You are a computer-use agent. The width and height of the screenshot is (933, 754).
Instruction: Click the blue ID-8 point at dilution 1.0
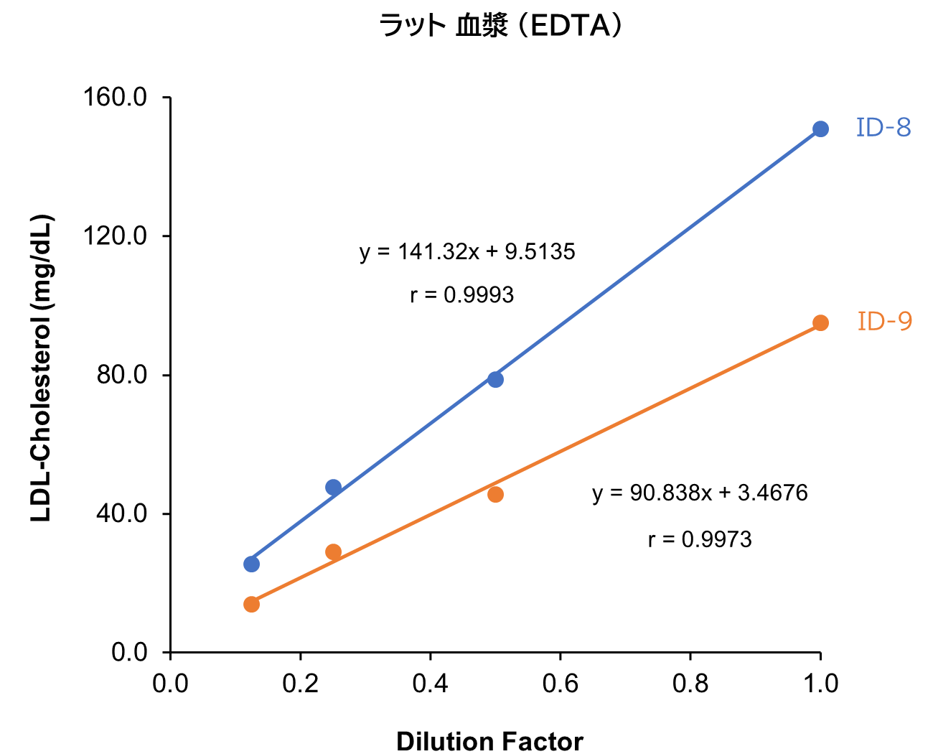820,129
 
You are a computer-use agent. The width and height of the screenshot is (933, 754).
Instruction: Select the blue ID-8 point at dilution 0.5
495,379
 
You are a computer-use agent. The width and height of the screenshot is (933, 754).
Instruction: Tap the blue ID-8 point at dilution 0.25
333,488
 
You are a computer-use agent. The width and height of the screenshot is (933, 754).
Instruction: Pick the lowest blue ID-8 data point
251,564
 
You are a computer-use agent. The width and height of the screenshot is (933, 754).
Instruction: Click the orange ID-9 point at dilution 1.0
820,323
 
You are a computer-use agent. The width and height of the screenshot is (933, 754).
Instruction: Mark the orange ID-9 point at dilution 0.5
495,494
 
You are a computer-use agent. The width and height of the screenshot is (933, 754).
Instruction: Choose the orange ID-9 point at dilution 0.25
333,551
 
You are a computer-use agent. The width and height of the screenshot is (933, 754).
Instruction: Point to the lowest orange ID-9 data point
251,604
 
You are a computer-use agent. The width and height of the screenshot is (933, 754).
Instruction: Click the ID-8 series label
883,128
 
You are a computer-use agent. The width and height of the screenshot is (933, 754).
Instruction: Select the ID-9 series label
885,321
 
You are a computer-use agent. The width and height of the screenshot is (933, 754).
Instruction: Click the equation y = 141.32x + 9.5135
467,252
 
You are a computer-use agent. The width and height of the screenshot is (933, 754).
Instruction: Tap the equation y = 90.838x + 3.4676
700,493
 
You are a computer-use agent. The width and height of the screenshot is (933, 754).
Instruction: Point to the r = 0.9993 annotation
462,295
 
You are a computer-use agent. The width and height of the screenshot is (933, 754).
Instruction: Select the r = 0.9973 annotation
700,539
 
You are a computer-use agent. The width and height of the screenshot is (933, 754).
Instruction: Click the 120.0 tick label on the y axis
115,236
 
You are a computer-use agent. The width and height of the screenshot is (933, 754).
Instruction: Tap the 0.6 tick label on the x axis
561,684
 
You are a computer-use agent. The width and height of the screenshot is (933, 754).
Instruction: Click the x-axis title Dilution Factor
489,741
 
